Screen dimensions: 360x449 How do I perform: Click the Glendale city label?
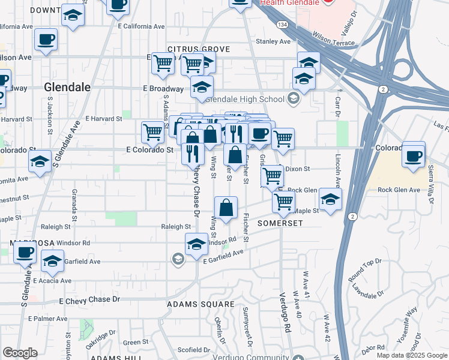tap(67, 87)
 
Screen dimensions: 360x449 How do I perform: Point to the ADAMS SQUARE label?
tap(192, 304)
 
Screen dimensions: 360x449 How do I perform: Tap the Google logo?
tap(20, 353)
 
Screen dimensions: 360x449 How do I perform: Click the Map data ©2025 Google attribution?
tap(412, 355)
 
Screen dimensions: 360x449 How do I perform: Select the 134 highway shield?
tap(282, 23)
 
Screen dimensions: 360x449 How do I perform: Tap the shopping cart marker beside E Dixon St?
tap(272, 176)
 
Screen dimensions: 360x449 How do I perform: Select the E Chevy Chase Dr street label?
tap(89, 299)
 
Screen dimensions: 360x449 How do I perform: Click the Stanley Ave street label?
tap(273, 41)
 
